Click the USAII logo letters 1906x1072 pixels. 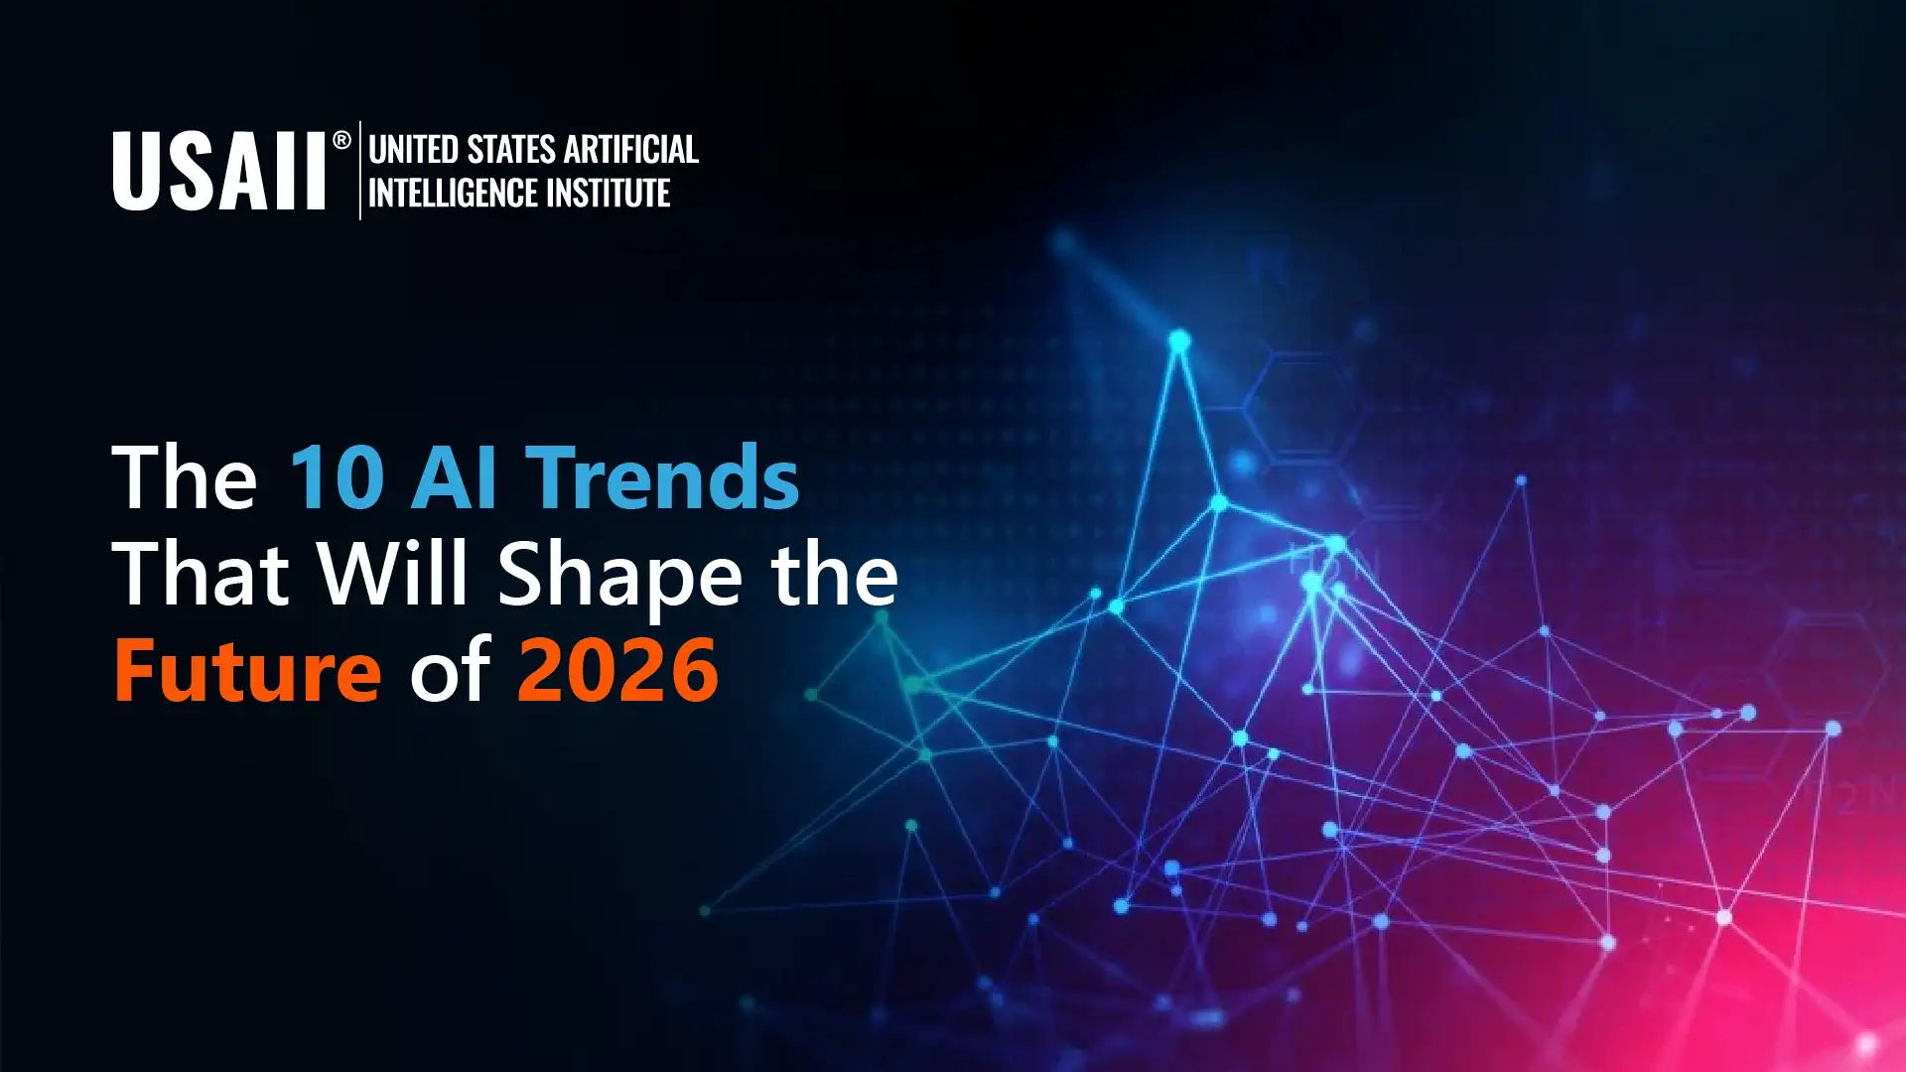[218, 171]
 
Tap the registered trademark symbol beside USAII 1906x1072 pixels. [341, 140]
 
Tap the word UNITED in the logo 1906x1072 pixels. [413, 150]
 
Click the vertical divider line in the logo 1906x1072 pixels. [359, 170]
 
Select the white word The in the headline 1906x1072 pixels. [186, 477]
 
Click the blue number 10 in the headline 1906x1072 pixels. [337, 478]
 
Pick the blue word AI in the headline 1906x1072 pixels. [454, 478]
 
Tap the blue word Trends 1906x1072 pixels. [662, 477]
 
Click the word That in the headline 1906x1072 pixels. [201, 574]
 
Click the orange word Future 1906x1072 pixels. [247, 671]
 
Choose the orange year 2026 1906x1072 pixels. [617, 671]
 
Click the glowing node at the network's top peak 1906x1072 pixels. [1179, 342]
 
